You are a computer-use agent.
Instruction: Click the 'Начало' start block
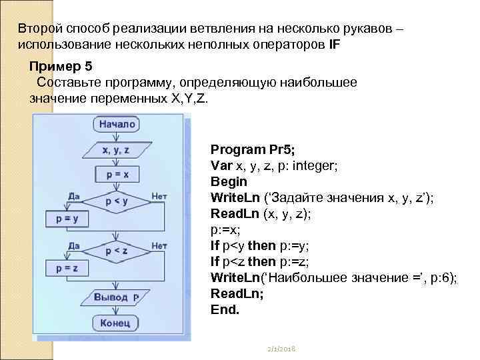[x=117, y=124]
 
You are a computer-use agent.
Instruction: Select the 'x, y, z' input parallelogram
[x=115, y=151]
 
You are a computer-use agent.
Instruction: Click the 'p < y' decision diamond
[x=116, y=199]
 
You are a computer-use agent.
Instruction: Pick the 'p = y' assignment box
[x=67, y=218]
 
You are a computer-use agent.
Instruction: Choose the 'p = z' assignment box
[x=67, y=268]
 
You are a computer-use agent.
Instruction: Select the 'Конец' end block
[x=116, y=324]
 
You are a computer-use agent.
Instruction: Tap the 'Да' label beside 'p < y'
[x=75, y=196]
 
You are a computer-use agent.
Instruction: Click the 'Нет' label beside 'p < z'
[x=159, y=245]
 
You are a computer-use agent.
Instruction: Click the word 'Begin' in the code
[x=229, y=181]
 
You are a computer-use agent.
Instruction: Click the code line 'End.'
[x=225, y=310]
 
